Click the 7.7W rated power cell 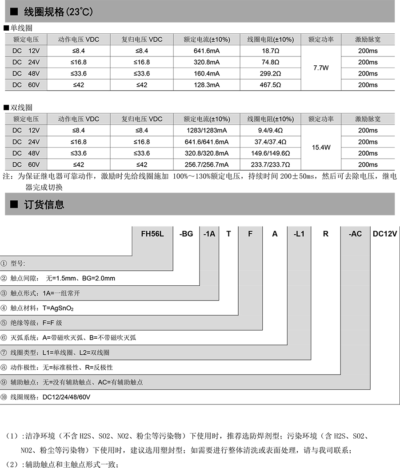coord(321,68)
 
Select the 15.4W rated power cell coord(321,148)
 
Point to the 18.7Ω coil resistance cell coord(270,51)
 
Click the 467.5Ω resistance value coord(270,85)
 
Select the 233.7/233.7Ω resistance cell coord(270,164)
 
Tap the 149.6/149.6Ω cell coord(270,153)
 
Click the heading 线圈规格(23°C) coord(58,12)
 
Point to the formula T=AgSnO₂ coord(58,308)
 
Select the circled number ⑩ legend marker coord(4,397)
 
